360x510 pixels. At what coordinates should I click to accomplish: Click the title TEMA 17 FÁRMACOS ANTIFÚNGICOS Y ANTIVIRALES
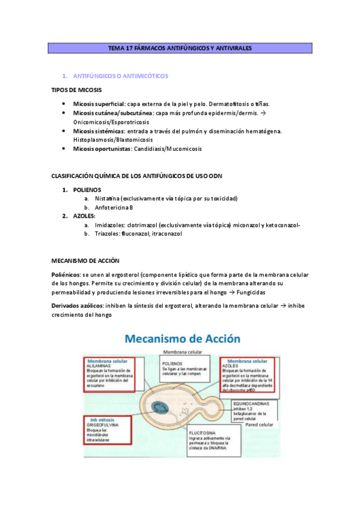(x=180, y=48)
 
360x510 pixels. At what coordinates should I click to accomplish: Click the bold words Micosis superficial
(x=99, y=103)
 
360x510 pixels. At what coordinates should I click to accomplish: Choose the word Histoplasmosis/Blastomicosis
(x=111, y=140)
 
